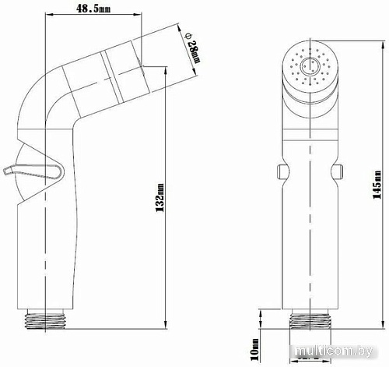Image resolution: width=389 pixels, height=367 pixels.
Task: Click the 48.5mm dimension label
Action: pyautogui.click(x=93, y=9)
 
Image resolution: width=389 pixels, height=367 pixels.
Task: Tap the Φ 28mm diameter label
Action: pyautogui.click(x=193, y=49)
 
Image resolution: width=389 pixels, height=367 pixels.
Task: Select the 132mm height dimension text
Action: pyautogui.click(x=160, y=198)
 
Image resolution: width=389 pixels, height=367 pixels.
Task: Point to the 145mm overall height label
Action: pyautogui.click(x=377, y=185)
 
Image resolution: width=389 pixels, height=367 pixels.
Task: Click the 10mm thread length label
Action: pyautogui.click(x=255, y=349)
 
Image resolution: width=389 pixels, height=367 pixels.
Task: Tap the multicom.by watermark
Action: pyautogui.click(x=334, y=351)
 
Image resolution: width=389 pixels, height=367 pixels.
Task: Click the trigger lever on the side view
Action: pyautogui.click(x=33, y=171)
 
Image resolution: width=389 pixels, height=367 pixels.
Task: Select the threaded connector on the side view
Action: pyautogui.click(x=45, y=319)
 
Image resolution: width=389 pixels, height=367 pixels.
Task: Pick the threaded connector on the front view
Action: pyautogui.click(x=310, y=319)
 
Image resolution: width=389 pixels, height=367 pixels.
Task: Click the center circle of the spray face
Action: pyautogui.click(x=310, y=65)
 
